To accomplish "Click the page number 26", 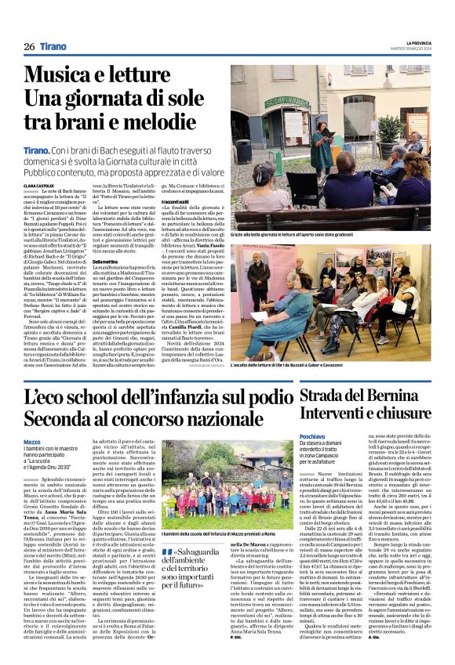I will pyautogui.click(x=29, y=47).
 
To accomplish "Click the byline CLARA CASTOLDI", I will pyautogui.click(x=39, y=185).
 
